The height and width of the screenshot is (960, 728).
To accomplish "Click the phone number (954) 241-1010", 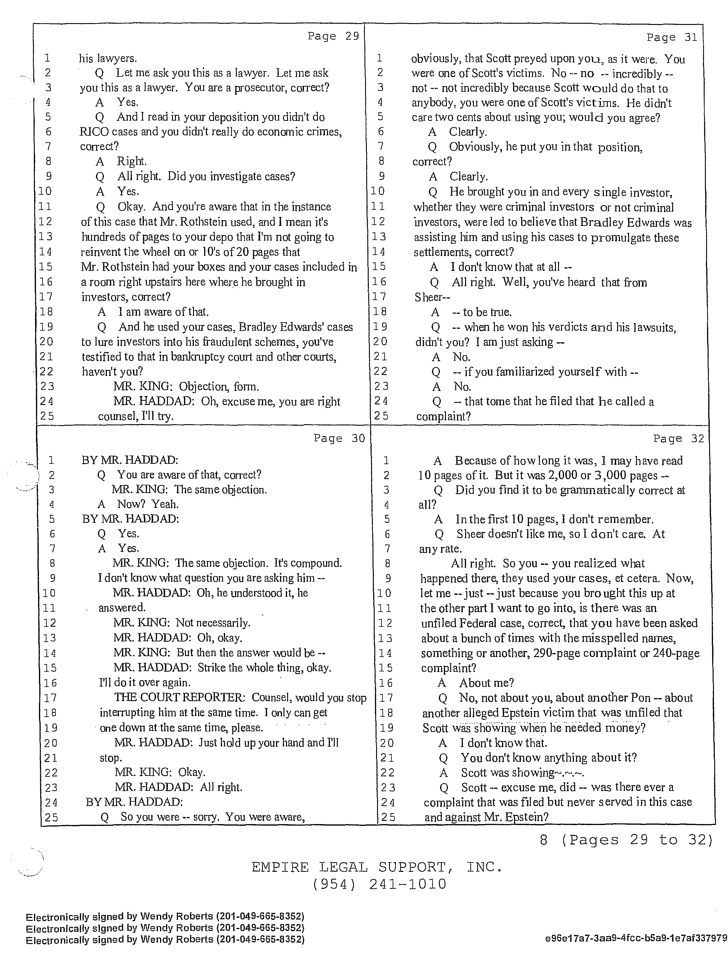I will coord(379,884).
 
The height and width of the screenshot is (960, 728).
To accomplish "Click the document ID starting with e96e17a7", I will coord(636,939).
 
